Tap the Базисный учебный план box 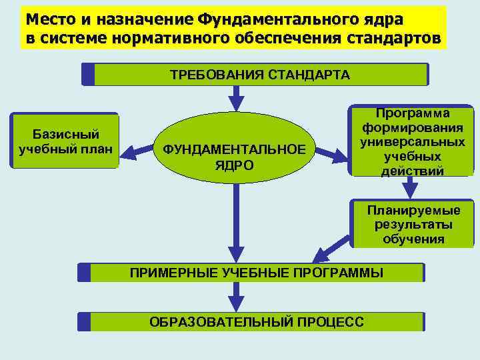point(65,140)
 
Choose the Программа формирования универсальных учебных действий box point(411,142)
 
